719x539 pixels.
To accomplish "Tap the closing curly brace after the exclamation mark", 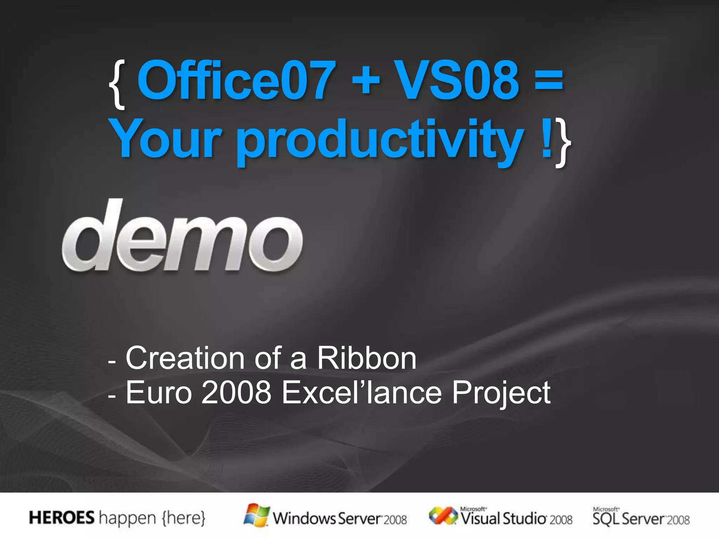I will [x=563, y=142].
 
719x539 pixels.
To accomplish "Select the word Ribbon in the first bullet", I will [x=367, y=358].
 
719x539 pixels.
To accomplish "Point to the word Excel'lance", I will [x=362, y=393].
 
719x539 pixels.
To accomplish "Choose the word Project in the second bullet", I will [x=501, y=393].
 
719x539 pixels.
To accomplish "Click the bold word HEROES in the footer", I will [x=62, y=518].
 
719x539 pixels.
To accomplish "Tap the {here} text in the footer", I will [x=183, y=518].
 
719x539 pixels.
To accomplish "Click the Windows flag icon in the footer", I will [x=257, y=515].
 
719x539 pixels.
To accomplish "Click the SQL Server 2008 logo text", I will [x=641, y=518].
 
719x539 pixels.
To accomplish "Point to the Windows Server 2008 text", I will [x=340, y=519].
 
